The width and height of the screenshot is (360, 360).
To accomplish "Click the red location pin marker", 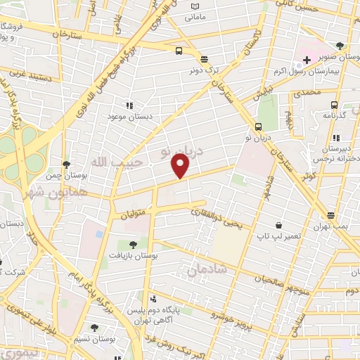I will (x=181, y=166).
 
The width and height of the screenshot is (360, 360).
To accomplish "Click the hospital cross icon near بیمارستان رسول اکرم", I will (x=307, y=60).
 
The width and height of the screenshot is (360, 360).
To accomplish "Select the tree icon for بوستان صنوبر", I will (x=340, y=46).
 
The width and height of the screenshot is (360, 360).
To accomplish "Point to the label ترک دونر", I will (x=204, y=71).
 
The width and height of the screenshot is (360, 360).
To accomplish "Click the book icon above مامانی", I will (x=197, y=7).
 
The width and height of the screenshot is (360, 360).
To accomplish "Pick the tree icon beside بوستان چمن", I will (x=66, y=164).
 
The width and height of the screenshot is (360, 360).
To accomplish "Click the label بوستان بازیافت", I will (x=133, y=257).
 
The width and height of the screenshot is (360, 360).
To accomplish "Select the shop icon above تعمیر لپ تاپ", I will (x=279, y=226).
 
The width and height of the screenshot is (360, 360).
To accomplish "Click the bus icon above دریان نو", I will (x=259, y=127).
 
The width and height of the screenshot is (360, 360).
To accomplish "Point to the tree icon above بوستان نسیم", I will (x=94, y=327).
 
